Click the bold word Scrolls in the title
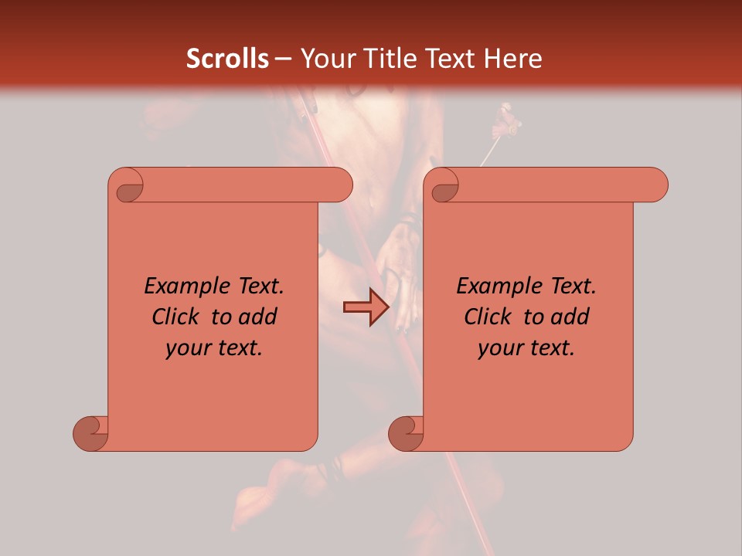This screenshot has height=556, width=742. [228, 59]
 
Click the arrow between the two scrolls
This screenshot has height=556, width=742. [366, 307]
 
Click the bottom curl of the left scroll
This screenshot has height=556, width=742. [91, 433]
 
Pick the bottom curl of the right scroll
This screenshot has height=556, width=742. [406, 433]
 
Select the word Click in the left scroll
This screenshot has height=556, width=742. [169, 317]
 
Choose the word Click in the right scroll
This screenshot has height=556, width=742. [482, 317]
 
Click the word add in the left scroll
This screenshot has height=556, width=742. [259, 317]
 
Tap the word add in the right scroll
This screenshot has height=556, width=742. [571, 317]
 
